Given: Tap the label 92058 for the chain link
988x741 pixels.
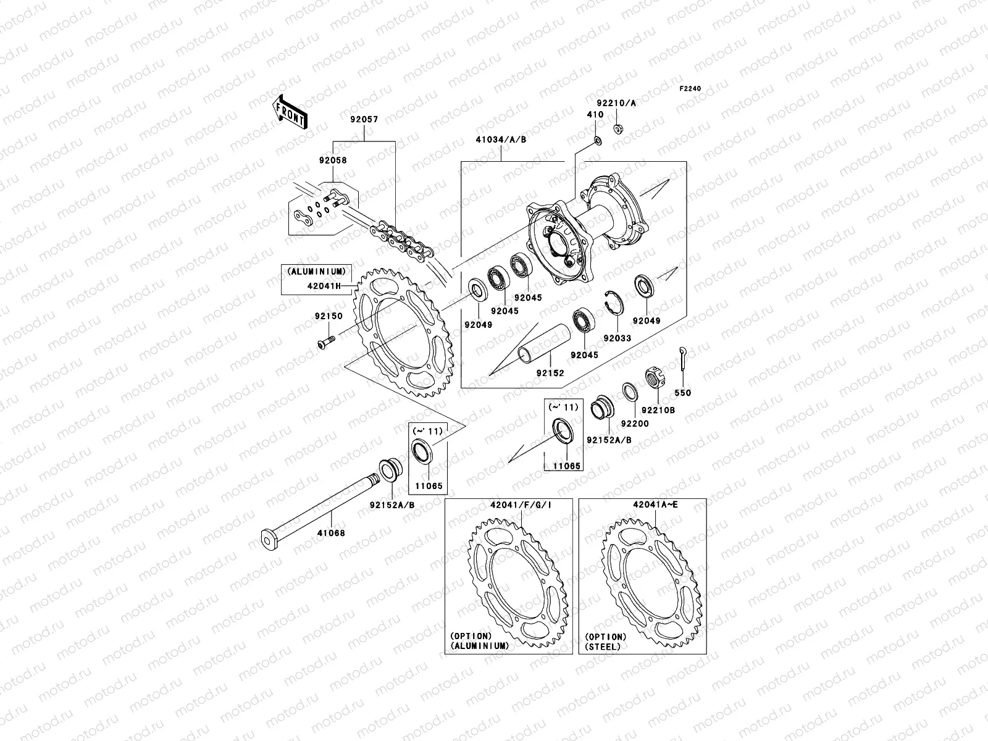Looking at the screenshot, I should pos(333,160).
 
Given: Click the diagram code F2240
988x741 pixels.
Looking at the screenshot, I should pos(691,89).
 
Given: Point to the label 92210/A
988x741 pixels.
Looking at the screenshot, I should pos(616,103).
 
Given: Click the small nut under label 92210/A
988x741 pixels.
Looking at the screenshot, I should pos(617,128).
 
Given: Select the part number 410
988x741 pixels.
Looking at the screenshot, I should pos(595,115).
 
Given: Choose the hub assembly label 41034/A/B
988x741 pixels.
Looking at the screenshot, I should pos(501,140).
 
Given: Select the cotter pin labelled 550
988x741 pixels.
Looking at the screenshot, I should pos(682,359).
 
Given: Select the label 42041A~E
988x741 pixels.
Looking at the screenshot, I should pos(655,504).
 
